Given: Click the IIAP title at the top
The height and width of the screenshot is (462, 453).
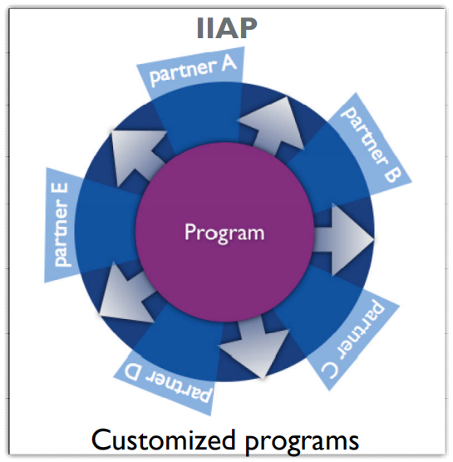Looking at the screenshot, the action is point(227,28).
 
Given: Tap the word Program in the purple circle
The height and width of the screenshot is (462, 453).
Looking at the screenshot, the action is point(224,233).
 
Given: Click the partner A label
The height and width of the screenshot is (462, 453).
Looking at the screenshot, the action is point(193,70).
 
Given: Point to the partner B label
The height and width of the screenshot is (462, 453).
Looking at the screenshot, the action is point(371,145).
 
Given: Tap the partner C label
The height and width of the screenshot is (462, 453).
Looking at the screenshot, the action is point(354,339).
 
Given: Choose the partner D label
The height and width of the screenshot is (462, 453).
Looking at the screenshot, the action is point(168,383).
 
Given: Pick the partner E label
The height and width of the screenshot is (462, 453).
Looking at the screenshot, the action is point(62,225).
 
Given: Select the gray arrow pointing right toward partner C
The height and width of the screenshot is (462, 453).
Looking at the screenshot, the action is point(343,239).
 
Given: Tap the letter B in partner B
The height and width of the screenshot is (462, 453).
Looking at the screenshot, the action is point(392,174).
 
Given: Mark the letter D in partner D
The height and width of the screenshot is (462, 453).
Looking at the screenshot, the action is point(132,373).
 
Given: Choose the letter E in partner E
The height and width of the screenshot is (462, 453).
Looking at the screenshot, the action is point(62,191).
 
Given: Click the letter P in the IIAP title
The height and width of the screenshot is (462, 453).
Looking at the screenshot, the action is point(248,28).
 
